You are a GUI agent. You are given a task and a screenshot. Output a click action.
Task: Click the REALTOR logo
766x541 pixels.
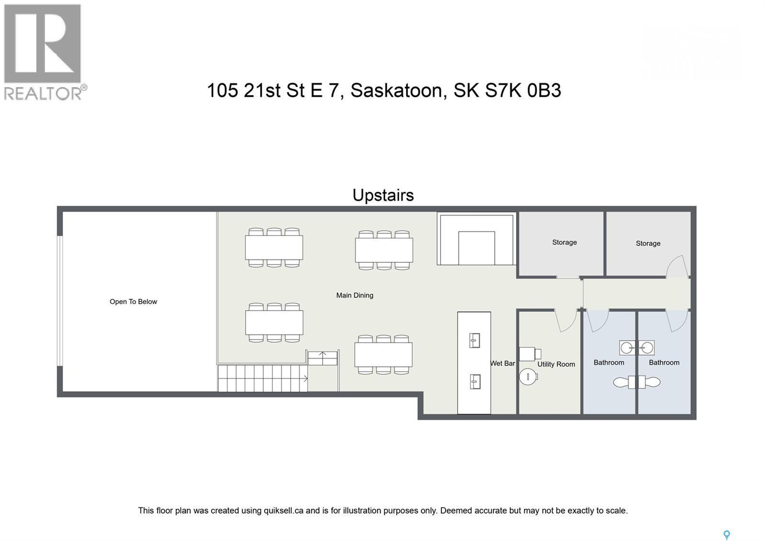[45, 52]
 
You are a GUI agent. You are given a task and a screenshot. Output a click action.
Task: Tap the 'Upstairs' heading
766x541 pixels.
[383, 195]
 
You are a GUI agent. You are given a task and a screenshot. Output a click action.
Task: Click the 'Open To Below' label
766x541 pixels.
[133, 302]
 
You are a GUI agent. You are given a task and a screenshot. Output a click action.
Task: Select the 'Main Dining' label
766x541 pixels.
[354, 295]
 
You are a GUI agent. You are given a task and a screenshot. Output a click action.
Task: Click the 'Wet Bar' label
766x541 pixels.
[502, 363]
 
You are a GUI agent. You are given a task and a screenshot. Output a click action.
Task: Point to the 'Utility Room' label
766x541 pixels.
[556, 364]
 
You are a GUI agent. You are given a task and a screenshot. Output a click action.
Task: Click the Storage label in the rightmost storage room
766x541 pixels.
[648, 243]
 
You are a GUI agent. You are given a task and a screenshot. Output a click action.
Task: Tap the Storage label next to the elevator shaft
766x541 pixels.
[564, 242]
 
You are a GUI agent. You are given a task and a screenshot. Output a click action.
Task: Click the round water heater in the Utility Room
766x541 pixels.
[529, 376]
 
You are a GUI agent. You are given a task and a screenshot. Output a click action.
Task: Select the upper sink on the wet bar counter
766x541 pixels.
[474, 340]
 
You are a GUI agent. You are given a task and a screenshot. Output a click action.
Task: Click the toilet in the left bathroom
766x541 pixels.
[623, 382]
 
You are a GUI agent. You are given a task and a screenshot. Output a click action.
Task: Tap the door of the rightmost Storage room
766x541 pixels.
[677, 267]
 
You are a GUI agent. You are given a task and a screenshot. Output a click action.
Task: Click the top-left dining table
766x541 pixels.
[274, 248]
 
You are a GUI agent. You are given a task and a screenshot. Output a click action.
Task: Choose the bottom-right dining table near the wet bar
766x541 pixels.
[383, 354]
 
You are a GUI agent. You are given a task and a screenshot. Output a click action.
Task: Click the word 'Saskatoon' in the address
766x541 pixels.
[396, 90]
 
